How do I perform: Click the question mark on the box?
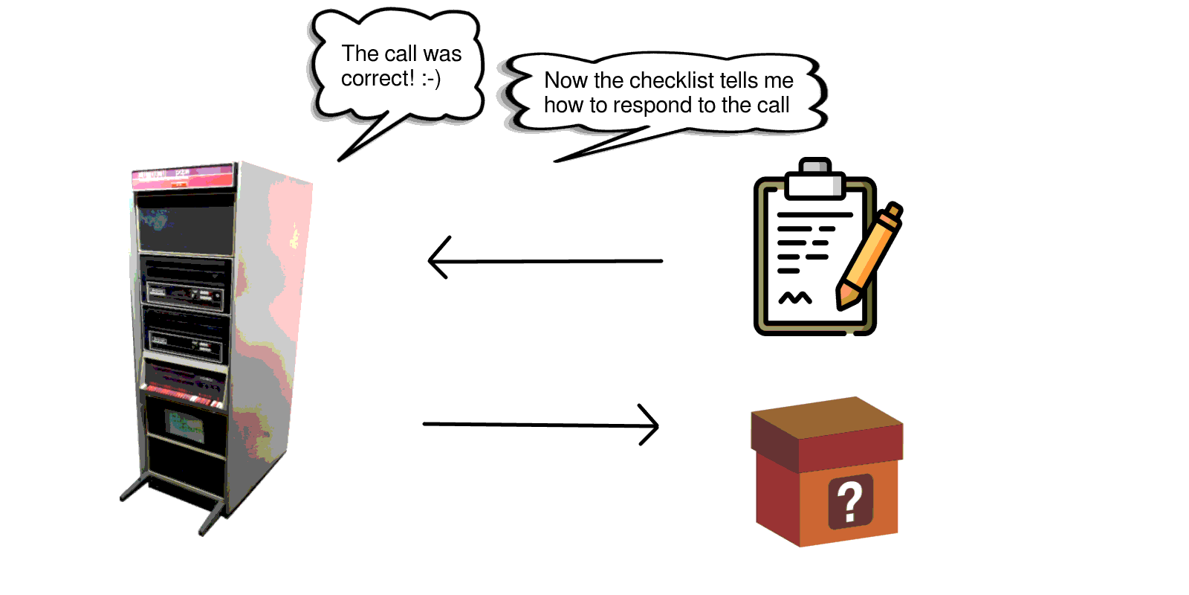(x=851, y=501)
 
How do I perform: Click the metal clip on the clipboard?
(x=815, y=178)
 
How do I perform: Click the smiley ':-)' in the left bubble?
(x=431, y=79)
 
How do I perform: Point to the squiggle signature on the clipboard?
(x=794, y=298)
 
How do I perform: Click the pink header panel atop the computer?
(x=183, y=176)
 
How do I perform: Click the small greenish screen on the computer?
(x=184, y=425)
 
